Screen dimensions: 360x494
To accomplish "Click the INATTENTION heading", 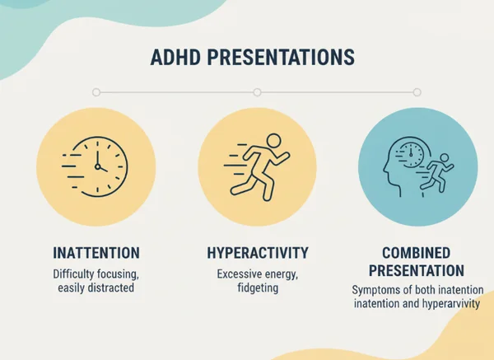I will tap(96, 252).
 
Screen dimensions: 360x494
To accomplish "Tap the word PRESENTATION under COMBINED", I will tap(417, 270).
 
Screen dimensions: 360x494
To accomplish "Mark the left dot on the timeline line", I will tap(96, 92).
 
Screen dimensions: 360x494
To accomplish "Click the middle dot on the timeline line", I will tap(257, 92).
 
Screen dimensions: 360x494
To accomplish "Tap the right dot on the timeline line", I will tap(417, 92).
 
